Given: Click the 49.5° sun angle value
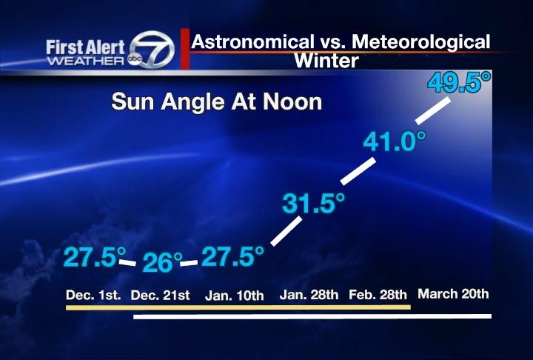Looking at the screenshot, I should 459,81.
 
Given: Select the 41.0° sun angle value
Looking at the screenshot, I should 394,141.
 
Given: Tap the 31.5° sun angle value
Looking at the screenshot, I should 314,203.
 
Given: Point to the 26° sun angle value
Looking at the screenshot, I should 162,262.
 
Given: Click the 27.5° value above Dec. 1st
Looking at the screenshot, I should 94,257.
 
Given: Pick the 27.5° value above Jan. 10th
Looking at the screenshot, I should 232,257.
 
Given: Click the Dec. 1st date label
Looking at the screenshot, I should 93,295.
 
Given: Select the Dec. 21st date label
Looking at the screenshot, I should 161,296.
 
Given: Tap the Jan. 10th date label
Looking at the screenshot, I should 234,296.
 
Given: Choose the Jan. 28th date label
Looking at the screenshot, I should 309,295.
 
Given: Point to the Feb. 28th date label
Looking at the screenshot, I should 378,295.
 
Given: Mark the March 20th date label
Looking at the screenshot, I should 453,294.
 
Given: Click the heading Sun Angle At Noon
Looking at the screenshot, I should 216,101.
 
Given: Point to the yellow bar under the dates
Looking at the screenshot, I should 238,306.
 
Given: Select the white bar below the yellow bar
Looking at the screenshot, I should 312,316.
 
